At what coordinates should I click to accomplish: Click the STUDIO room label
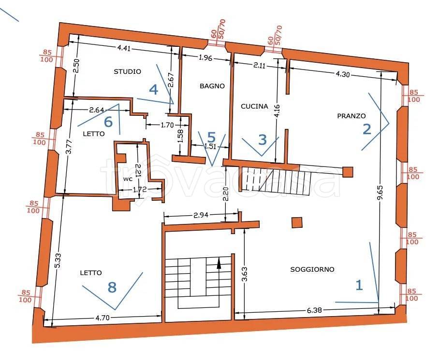[127, 71]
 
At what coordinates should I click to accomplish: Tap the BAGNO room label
[212, 86]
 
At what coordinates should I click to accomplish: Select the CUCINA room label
[254, 106]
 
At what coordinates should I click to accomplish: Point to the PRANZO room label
[352, 116]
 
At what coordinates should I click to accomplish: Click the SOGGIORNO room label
[312, 269]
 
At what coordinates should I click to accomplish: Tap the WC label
[128, 179]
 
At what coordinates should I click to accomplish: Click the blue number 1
[359, 285]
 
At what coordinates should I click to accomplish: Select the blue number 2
[367, 129]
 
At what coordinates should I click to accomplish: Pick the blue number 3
[263, 139]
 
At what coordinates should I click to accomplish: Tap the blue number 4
[153, 90]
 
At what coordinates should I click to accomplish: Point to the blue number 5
[211, 137]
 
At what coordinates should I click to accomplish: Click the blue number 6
[108, 122]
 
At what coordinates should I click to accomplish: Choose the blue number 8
[112, 287]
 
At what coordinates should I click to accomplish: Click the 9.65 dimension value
[381, 193]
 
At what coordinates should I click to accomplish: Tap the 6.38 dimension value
[315, 310]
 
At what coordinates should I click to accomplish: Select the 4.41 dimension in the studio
[124, 48]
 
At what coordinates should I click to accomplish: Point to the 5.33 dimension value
[58, 261]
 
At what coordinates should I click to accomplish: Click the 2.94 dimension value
[201, 215]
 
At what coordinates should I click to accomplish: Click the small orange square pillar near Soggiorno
[297, 222]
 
